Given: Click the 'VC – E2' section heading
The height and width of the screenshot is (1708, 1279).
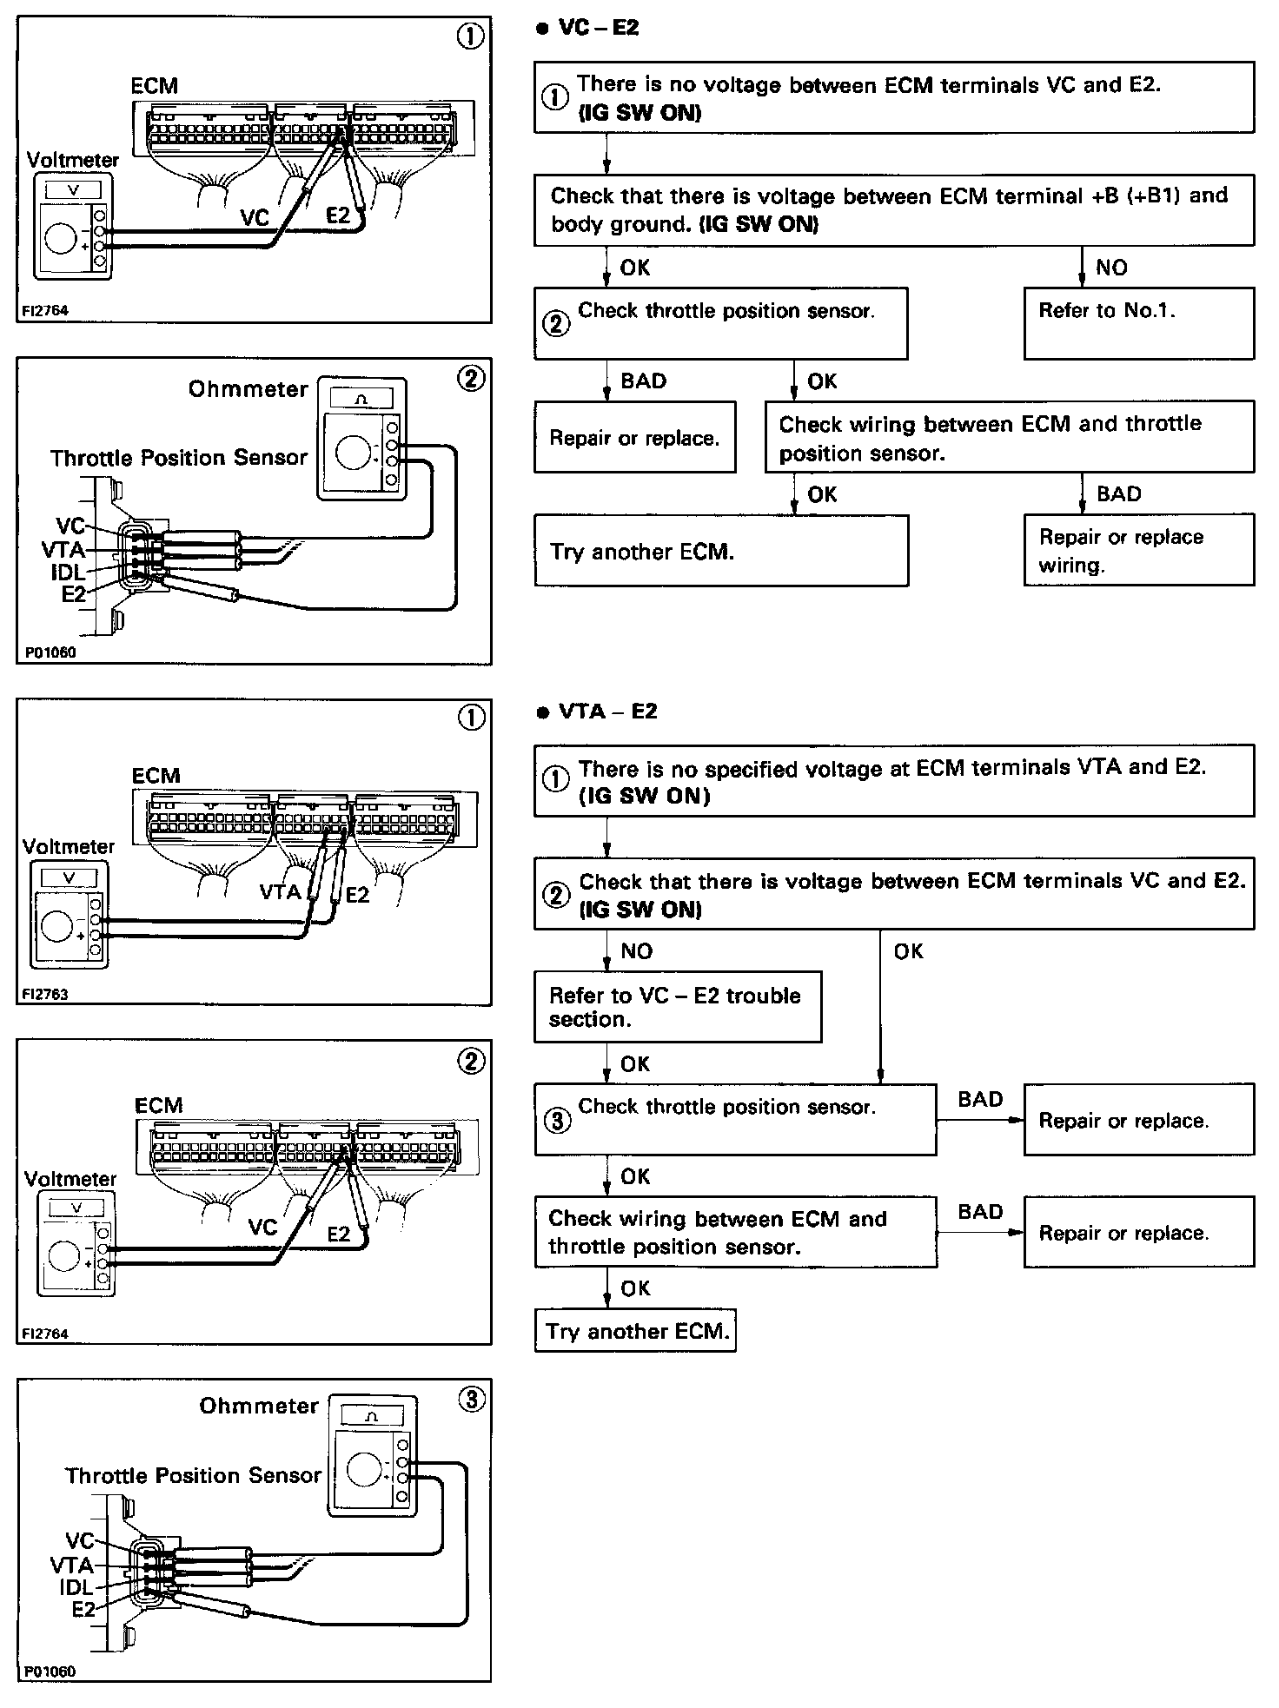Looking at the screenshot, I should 599,28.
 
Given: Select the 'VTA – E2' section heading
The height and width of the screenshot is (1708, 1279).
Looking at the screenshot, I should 607,712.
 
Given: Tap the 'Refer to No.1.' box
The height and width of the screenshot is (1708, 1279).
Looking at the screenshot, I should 1138,322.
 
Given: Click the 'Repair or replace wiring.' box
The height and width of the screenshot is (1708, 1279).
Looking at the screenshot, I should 1138,550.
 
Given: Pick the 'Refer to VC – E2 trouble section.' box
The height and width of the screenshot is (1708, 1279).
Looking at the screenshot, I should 677,1006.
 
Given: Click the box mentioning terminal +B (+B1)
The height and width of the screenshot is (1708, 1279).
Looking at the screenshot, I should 893,209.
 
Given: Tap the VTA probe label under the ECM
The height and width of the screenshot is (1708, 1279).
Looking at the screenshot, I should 281,891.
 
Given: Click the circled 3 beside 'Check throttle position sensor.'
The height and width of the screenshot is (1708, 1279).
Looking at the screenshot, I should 557,1121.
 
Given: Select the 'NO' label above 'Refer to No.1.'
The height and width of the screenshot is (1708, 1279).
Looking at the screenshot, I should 1111,268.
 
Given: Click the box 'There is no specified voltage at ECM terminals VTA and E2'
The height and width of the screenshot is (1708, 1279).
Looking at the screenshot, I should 893,780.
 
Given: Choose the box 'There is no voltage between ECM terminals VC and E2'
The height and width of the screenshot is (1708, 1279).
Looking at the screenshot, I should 893,97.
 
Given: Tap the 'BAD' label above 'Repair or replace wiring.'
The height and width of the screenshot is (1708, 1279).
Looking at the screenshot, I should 1119,494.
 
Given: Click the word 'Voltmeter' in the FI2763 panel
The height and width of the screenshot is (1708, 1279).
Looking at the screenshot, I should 69,846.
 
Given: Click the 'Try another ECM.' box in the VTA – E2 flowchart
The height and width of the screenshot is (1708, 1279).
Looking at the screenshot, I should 635,1331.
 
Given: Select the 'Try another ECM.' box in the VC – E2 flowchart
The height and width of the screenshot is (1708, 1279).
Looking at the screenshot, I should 720,551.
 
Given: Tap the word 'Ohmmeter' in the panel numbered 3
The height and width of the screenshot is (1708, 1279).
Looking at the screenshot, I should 259,1406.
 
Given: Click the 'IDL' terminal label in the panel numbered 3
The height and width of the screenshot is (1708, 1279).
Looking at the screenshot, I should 76,1587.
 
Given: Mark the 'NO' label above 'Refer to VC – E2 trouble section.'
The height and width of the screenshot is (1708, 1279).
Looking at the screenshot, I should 636,951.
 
